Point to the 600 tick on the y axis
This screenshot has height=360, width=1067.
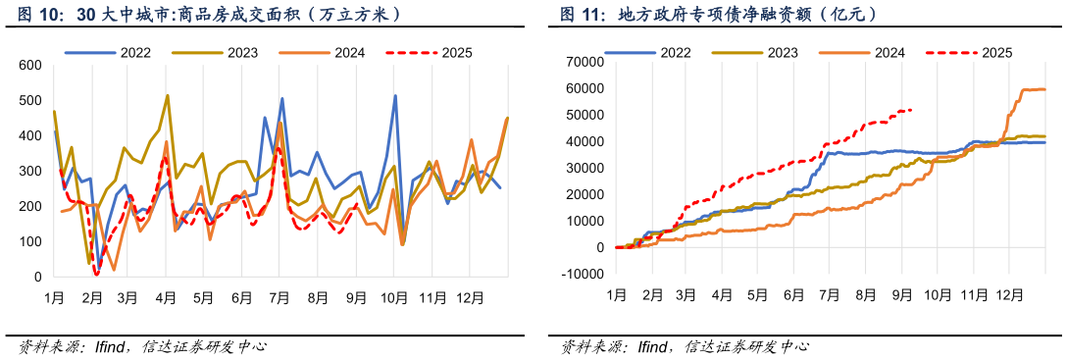pos(30,66)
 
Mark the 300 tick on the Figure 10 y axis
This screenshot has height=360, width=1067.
pos(30,172)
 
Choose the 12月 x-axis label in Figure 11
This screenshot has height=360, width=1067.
pos(1009,294)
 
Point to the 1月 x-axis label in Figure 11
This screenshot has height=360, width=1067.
pos(616,294)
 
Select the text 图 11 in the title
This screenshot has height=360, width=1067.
pos(582,15)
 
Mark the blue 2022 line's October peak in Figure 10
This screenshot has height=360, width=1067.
pos(395,96)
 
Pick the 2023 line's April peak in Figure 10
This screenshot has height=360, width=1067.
pos(168,96)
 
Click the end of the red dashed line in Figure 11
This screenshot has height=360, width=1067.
pos(912,110)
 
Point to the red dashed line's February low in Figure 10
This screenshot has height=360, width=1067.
pos(96,275)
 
